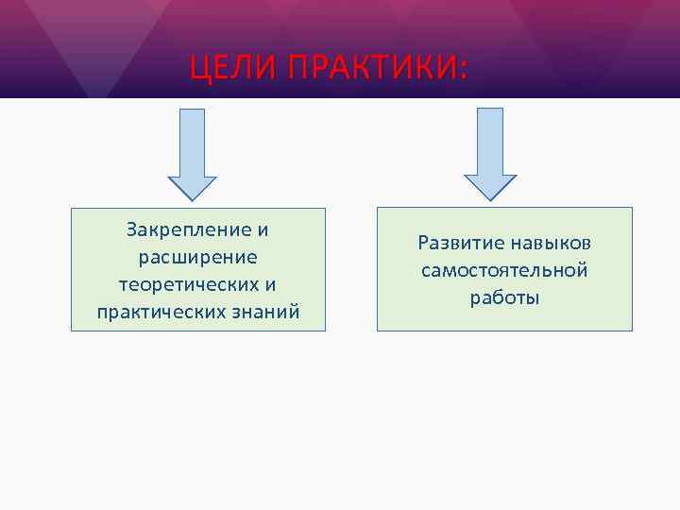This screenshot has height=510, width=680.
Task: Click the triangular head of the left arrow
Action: click(x=193, y=187)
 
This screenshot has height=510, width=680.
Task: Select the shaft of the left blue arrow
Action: click(x=193, y=142)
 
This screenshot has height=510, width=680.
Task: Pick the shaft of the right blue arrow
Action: click(x=489, y=142)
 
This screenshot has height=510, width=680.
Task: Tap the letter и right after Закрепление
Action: click(x=263, y=229)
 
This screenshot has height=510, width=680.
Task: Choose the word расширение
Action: click(x=198, y=257)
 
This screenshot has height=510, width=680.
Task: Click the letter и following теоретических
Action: click(x=271, y=284)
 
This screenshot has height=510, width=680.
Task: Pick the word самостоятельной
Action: click(x=504, y=271)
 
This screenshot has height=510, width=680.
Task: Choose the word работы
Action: click(x=504, y=298)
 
